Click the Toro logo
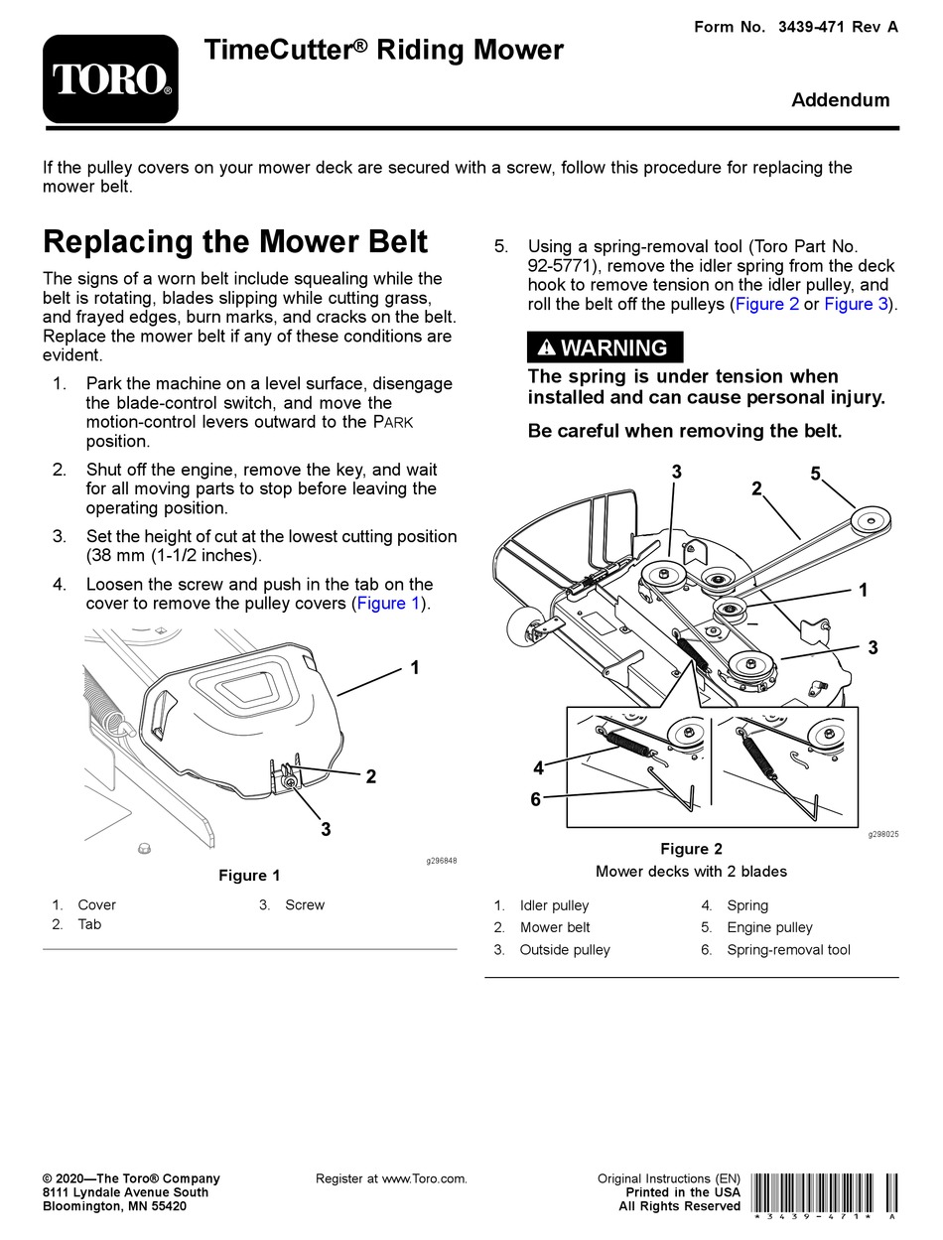[110, 78]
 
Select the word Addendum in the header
[840, 100]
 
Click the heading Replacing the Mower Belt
[236, 242]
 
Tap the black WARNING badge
[605, 347]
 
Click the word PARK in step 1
[391, 423]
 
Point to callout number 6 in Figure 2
[535, 799]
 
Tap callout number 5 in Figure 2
[815, 475]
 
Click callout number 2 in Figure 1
[370, 776]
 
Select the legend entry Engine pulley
[769, 927]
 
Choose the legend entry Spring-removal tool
[788, 950]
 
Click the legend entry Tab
[89, 924]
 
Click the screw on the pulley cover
[289, 784]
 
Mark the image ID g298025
[883, 835]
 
